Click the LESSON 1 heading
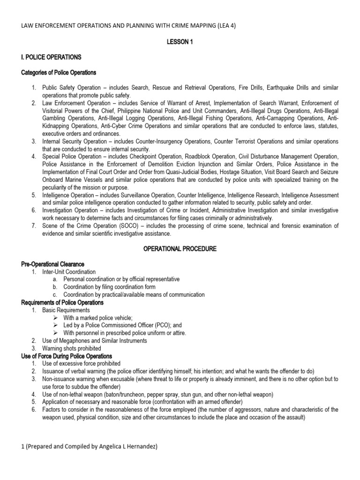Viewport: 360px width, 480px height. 180,42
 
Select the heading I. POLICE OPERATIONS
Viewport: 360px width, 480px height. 52,57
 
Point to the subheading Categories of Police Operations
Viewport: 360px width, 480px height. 59,73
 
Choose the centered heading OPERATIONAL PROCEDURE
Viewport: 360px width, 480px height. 180,249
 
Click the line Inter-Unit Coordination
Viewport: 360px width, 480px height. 69,272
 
